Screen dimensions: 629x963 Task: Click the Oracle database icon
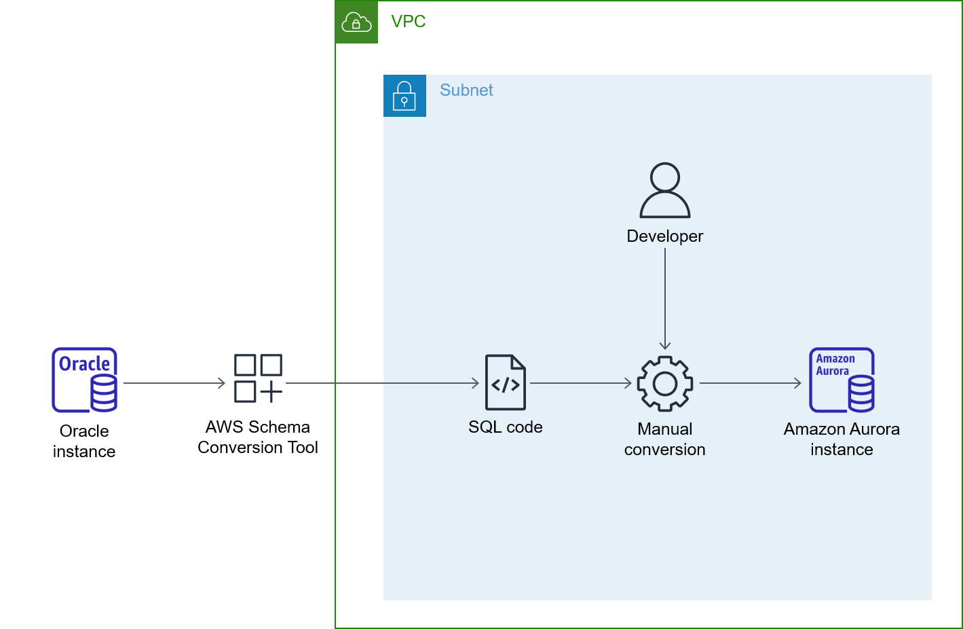point(85,380)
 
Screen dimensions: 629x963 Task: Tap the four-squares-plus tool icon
point(258,378)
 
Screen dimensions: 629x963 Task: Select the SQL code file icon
point(506,382)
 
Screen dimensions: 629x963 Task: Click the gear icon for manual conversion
point(665,384)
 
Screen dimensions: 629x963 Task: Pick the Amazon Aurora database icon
point(842,380)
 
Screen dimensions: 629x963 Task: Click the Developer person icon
point(665,190)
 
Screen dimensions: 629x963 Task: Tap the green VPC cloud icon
point(356,22)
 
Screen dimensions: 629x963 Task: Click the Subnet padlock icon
point(404,96)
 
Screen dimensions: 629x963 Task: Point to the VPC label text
point(409,22)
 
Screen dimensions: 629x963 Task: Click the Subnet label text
point(466,90)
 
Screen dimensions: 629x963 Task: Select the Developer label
point(665,236)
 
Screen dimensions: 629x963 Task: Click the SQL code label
point(506,427)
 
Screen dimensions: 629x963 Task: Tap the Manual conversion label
point(665,439)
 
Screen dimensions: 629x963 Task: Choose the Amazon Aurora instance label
point(842,439)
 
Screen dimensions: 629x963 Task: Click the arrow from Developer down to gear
point(665,299)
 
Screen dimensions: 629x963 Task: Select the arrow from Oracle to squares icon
point(174,383)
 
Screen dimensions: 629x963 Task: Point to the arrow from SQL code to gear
point(582,383)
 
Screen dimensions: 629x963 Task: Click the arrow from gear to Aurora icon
point(751,383)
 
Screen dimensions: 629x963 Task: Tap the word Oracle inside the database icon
point(84,364)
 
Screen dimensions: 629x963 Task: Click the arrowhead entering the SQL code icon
point(475,383)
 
